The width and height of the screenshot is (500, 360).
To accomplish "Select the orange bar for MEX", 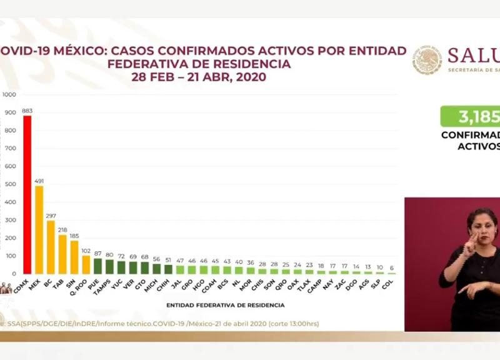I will coord(39,230).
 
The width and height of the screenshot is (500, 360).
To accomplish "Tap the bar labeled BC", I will coord(51,247).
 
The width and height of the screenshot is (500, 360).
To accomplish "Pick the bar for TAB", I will coord(62,254).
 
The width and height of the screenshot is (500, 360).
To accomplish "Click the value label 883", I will coord(27,111).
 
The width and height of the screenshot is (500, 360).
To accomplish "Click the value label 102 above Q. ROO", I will coord(86,251).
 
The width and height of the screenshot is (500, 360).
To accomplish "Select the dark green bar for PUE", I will coord(97,266).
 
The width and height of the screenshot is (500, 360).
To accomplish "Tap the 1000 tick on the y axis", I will coord(9,95).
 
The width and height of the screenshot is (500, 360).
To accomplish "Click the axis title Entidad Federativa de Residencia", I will coord(226,305).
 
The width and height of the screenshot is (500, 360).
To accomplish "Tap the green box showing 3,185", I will coord(470,116).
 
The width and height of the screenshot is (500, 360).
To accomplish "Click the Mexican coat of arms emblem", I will coord(427,61).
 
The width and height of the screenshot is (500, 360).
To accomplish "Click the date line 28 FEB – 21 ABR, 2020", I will coord(199,77).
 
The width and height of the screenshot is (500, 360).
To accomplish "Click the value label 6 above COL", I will coord(392,268).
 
